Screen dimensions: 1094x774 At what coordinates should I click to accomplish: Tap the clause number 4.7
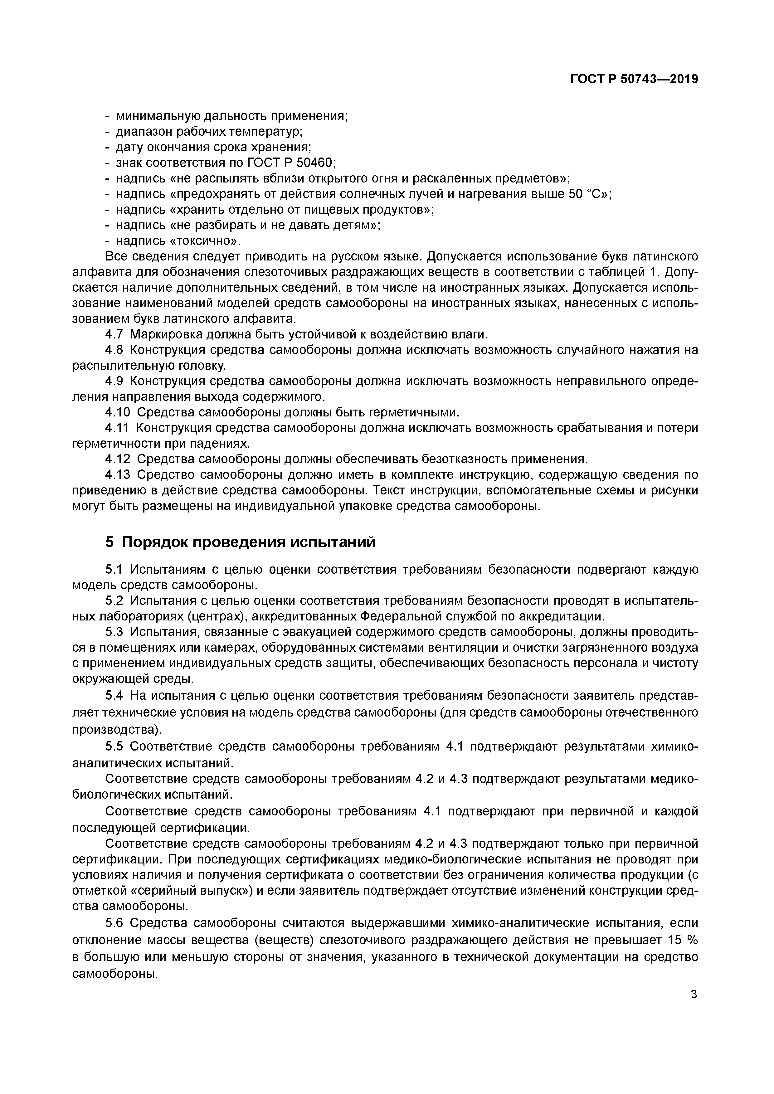pyautogui.click(x=114, y=334)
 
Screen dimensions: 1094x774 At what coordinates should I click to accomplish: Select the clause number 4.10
pyautogui.click(x=117, y=412)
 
